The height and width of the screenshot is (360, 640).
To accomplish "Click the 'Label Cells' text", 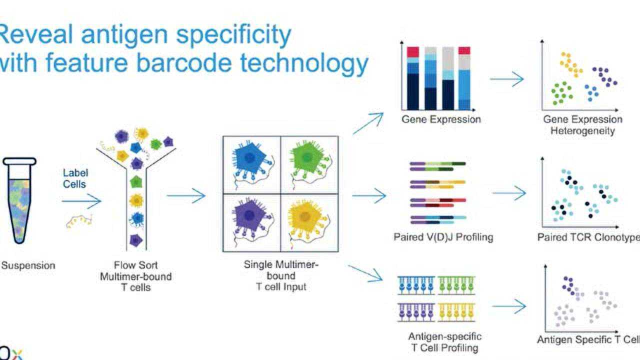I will (75, 178).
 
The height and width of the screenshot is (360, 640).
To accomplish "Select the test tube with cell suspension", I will (19, 200).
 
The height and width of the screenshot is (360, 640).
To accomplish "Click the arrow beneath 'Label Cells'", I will (81, 201).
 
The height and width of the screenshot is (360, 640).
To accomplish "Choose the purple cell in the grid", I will (251, 219).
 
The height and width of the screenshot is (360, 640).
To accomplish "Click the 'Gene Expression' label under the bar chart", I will (441, 119).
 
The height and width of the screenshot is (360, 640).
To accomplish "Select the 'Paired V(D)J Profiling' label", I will (443, 237).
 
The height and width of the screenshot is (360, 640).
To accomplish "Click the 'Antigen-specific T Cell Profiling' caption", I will (444, 341).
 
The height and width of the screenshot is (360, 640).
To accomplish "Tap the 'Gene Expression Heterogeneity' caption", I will (582, 125).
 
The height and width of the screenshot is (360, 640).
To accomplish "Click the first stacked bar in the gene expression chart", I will (412, 78).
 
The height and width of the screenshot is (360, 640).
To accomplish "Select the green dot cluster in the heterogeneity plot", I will (562, 93).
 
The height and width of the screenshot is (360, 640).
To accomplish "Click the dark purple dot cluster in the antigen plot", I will (568, 285).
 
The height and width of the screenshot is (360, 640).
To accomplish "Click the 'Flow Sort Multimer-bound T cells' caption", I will (135, 276).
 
